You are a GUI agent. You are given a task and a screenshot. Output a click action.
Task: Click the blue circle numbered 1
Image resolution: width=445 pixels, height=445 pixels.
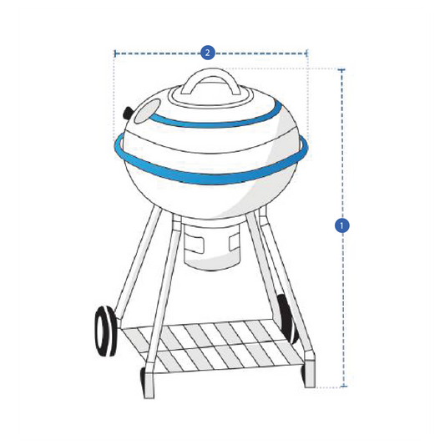[341, 225]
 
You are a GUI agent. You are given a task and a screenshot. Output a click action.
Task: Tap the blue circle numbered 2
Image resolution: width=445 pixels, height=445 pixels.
[208, 53]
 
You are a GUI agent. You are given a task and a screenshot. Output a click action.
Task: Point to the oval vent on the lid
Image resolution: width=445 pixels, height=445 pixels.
[149, 107]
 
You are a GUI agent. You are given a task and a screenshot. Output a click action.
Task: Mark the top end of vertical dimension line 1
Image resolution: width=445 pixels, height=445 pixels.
[341, 69]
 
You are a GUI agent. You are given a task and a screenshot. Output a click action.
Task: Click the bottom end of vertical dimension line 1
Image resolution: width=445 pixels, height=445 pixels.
[341, 387]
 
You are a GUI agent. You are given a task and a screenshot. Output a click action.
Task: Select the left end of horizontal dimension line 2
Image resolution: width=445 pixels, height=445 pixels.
[114, 53]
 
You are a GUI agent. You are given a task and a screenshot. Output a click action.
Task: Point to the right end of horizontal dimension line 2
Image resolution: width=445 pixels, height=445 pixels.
[308, 53]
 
